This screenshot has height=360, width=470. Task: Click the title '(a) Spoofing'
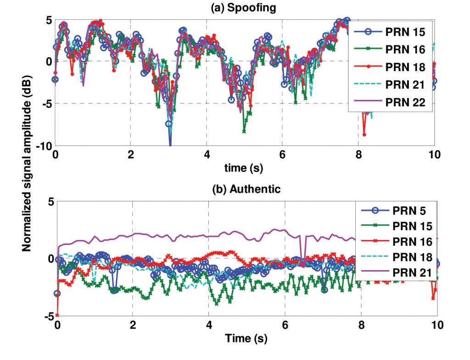[245, 9]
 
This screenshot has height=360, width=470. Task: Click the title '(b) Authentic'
[245, 189]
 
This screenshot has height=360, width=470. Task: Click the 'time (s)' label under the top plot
[245, 168]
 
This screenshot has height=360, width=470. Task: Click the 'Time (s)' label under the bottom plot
[246, 339]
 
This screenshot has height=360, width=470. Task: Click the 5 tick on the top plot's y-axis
[47, 20]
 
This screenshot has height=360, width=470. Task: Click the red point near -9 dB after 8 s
[364, 134]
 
